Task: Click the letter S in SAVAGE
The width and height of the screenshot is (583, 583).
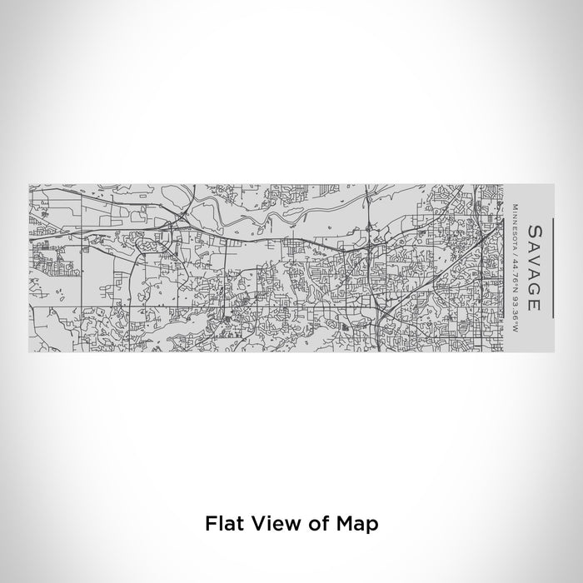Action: pyautogui.click(x=534, y=230)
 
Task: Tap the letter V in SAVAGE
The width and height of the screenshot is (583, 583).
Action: pyautogui.click(x=534, y=258)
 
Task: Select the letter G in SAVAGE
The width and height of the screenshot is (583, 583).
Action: pyautogui.click(x=534, y=288)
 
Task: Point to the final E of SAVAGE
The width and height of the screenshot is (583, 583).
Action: pyautogui.click(x=534, y=303)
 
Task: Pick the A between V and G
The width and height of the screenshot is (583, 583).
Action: pyautogui.click(x=534, y=273)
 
